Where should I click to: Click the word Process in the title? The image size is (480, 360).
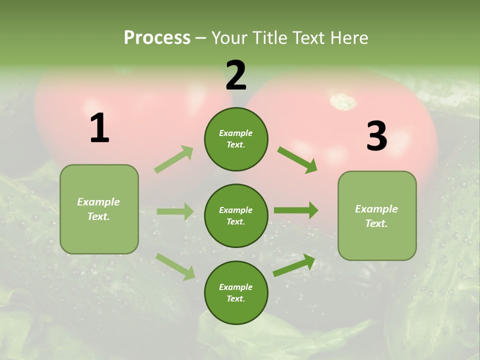(x=157, y=38)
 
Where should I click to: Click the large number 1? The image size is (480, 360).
(x=99, y=129)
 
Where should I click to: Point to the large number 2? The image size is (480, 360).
(x=236, y=76)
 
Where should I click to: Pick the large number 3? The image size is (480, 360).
(x=376, y=137)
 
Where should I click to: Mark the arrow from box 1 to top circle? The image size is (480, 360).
(x=174, y=159)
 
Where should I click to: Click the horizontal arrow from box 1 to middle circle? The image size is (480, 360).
(x=175, y=211)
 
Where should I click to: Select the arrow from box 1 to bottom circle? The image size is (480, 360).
(x=175, y=266)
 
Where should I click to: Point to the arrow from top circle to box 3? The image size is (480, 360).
(x=297, y=159)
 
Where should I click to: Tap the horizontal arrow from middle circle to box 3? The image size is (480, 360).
(x=296, y=210)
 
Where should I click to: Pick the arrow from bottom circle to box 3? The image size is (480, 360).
(x=294, y=265)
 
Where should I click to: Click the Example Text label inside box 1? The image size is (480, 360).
(x=98, y=209)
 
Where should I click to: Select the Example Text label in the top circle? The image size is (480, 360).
(x=236, y=139)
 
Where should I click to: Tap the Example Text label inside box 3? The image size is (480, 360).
(x=376, y=216)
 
